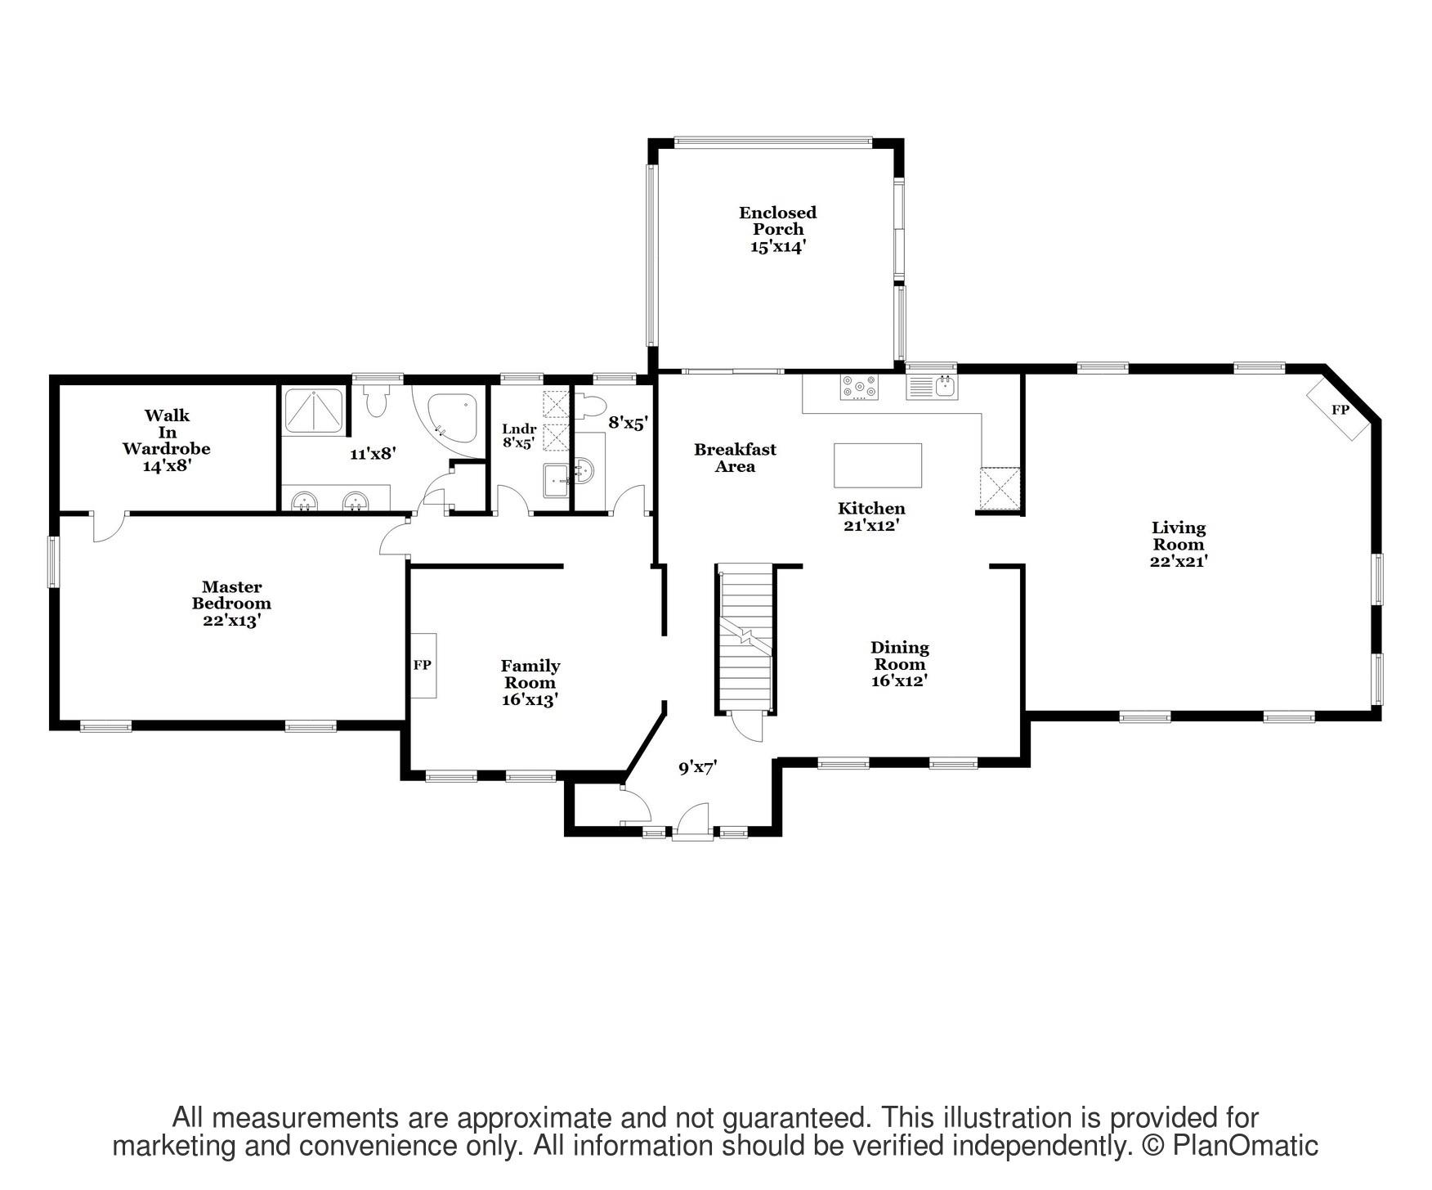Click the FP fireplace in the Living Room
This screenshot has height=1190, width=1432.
coord(1339,410)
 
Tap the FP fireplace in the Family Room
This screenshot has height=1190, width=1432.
coord(423,665)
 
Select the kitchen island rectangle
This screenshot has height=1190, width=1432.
coord(877,465)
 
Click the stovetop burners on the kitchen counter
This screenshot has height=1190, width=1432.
coord(859,387)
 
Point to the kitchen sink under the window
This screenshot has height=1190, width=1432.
coord(932,386)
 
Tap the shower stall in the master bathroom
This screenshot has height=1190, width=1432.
coord(314,411)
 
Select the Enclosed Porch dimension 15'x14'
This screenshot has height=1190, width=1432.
coord(778,246)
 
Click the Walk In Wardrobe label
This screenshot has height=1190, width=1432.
coord(167,432)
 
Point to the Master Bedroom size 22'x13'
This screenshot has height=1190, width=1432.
coord(231,621)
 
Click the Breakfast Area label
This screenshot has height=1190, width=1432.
coord(734,458)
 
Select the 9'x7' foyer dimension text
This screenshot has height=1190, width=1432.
coord(697,768)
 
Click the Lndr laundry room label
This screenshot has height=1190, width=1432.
coord(519,429)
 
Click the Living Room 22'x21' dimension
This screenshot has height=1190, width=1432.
coord(1178,562)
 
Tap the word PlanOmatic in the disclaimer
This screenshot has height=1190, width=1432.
coord(1245,1146)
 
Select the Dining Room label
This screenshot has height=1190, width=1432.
coord(899,655)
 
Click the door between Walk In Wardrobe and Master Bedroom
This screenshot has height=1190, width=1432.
coord(107,528)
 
